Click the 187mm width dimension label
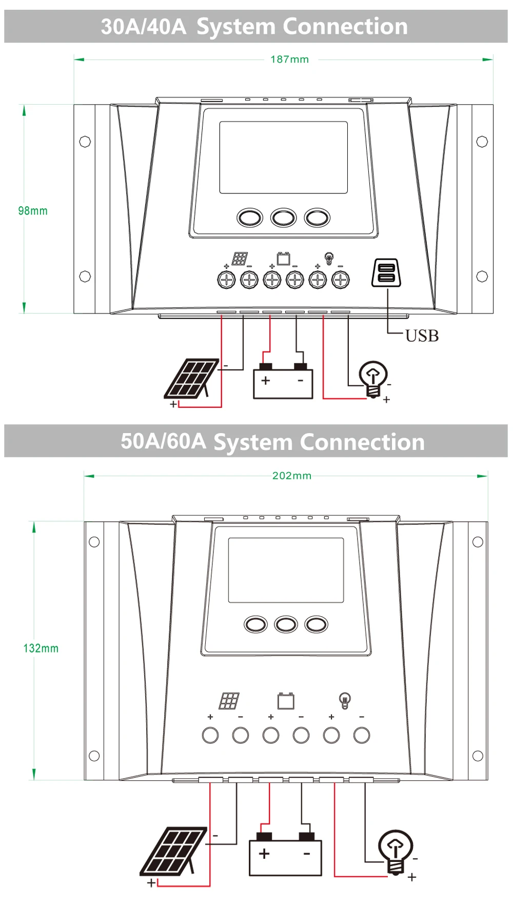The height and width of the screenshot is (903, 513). pos(290,60)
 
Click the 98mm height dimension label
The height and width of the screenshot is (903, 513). pos(33,211)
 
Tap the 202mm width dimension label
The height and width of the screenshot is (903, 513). pos(292,476)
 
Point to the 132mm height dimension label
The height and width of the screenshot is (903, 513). pos(41,649)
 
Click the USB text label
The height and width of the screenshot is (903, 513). pos(422,336)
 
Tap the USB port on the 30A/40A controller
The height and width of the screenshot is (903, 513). pos(386,272)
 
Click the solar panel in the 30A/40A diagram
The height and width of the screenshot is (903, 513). pos(191,378)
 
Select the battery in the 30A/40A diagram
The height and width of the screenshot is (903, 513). pos(283,383)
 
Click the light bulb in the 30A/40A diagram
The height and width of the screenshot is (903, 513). pos(373,378)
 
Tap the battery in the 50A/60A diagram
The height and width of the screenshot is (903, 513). pos(285,856)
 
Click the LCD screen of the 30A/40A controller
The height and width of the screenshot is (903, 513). pos(284,158)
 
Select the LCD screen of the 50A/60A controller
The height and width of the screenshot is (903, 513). pos(286,570)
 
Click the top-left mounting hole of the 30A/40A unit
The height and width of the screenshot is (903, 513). pos(85,141)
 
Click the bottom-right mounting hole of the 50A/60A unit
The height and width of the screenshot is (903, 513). pos(478,755)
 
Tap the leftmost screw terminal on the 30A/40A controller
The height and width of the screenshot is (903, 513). pos(226,280)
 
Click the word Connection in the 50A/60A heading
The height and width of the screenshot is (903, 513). pos(362,442)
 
